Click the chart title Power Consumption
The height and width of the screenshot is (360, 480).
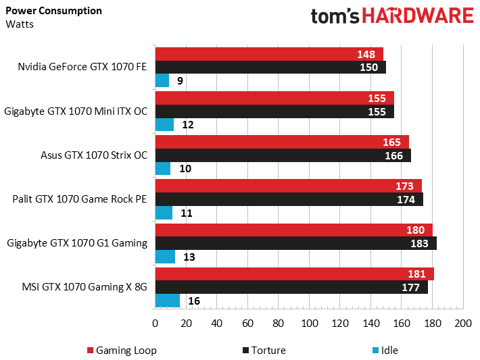pos(54,11)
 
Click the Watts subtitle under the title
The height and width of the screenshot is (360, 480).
pos(20,24)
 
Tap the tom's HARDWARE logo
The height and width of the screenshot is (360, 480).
pos(392,16)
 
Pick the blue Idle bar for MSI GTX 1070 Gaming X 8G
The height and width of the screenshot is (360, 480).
pos(167,301)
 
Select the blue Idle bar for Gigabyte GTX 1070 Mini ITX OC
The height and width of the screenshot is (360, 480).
pos(164,125)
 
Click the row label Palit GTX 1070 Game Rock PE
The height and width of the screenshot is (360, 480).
pos(80,199)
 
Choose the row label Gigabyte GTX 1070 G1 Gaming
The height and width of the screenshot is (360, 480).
pos(76,243)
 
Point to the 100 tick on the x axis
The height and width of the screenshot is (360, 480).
pos(309,324)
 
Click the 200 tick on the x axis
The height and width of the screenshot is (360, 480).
pos(462,324)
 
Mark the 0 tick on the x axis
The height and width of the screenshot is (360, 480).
pos(155,324)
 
